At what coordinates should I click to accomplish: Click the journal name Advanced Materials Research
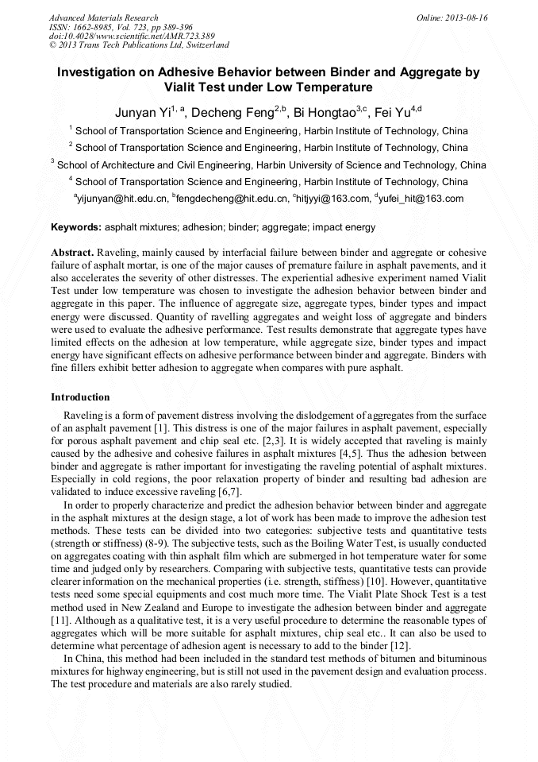[104, 17]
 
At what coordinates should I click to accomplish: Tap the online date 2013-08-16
[467, 17]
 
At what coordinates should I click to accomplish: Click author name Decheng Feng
[232, 110]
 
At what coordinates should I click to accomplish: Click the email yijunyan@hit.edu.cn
[122, 199]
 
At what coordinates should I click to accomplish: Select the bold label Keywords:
[76, 227]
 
